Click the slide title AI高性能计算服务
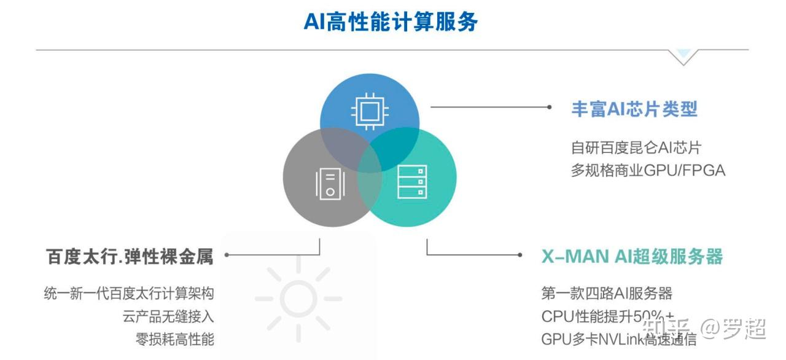391,22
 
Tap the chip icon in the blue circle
369,111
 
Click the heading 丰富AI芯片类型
634,109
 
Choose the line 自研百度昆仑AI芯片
636,147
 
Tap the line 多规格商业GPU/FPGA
648,170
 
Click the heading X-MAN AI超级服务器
632,256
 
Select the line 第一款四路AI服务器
607,293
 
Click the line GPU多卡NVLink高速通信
619,338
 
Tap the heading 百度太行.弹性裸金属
130,256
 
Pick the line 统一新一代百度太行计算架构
129,293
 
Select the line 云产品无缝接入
168,316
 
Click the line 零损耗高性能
175,338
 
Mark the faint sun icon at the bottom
298,299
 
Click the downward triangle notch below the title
683,57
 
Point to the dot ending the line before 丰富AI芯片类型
550,107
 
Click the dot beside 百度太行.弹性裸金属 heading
227,254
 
